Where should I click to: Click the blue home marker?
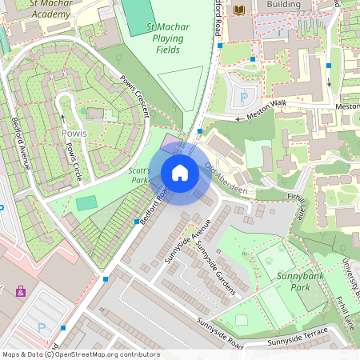pyautogui.click(x=180, y=173)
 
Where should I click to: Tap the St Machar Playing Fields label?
pyautogui.click(x=168, y=38)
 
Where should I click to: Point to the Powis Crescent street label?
pyautogui.click(x=134, y=97)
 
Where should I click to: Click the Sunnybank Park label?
pyautogui.click(x=289, y=281)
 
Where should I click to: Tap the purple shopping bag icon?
pyautogui.click(x=20, y=291)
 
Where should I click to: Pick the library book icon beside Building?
pyautogui.click(x=238, y=10)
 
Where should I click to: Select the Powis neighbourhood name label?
pyautogui.click(x=74, y=133)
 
